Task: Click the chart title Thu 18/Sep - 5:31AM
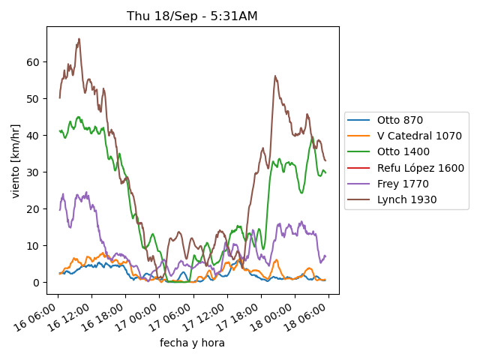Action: (x=193, y=16)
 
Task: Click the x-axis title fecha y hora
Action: (x=192, y=343)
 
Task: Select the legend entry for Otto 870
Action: (x=400, y=120)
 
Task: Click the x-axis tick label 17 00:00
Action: (x=139, y=318)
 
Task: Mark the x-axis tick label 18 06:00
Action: (x=307, y=318)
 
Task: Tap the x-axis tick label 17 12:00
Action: (x=206, y=318)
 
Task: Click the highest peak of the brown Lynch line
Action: (x=79, y=39)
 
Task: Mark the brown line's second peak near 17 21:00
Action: (x=275, y=76)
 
